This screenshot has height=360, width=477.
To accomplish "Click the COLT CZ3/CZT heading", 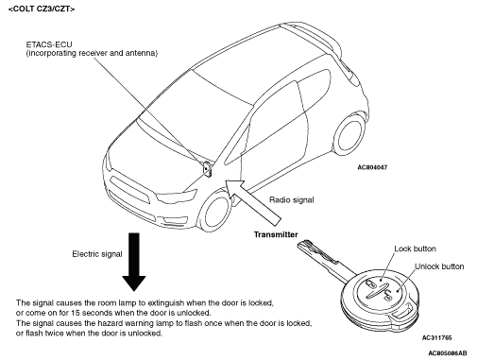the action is [42, 9].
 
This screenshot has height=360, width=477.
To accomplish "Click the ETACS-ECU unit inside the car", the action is [207, 169].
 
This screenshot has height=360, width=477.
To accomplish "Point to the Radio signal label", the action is [291, 200].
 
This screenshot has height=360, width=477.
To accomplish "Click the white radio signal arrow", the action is [252, 202].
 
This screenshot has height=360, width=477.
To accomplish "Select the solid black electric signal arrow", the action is [134, 262].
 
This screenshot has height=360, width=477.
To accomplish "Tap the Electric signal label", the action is [97, 254].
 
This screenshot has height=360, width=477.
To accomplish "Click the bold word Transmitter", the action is [276, 234].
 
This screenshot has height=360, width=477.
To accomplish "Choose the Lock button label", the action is [415, 249].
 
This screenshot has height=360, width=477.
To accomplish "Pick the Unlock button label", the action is [439, 266].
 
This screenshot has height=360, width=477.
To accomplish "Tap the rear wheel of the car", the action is [349, 134].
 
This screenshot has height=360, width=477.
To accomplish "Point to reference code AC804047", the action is [372, 167].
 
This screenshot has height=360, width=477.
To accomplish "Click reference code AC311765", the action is [436, 338].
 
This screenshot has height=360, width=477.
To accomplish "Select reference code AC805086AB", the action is [448, 352].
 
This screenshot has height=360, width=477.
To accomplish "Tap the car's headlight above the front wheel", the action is [177, 197].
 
